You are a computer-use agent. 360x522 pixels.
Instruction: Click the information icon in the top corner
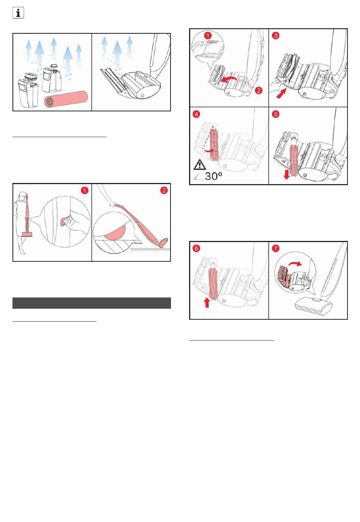tap(18, 13)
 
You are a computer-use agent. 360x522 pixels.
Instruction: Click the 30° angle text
tap(213, 176)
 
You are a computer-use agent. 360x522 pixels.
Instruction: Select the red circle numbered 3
tap(276, 36)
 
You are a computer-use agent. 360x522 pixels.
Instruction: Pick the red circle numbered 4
tap(197, 114)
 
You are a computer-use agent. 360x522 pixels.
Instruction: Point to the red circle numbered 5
tap(276, 114)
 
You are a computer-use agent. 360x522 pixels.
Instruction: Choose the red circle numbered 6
tap(197, 248)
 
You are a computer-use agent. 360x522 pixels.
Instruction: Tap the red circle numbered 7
tap(276, 248)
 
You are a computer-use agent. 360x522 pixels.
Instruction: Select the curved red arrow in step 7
tap(295, 264)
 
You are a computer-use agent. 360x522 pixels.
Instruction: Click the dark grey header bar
tap(92, 303)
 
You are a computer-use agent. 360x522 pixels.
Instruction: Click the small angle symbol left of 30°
tap(197, 177)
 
